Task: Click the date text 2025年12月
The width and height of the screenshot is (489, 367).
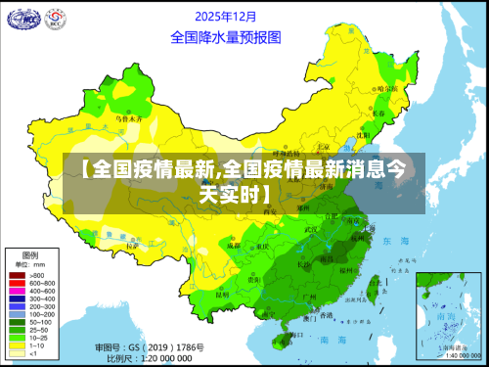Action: (226, 17)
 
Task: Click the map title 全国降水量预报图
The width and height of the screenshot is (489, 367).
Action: (226, 37)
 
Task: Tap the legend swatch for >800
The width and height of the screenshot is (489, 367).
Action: (16, 276)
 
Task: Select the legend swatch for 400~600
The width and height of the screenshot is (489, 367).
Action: (16, 291)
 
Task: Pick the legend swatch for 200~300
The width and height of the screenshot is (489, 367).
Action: (16, 305)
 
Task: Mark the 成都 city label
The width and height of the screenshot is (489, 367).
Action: (232, 246)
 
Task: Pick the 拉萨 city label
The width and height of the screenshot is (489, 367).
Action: (134, 246)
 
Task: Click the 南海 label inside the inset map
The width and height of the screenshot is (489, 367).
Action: (446, 318)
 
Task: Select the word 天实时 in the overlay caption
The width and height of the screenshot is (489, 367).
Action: (234, 194)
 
